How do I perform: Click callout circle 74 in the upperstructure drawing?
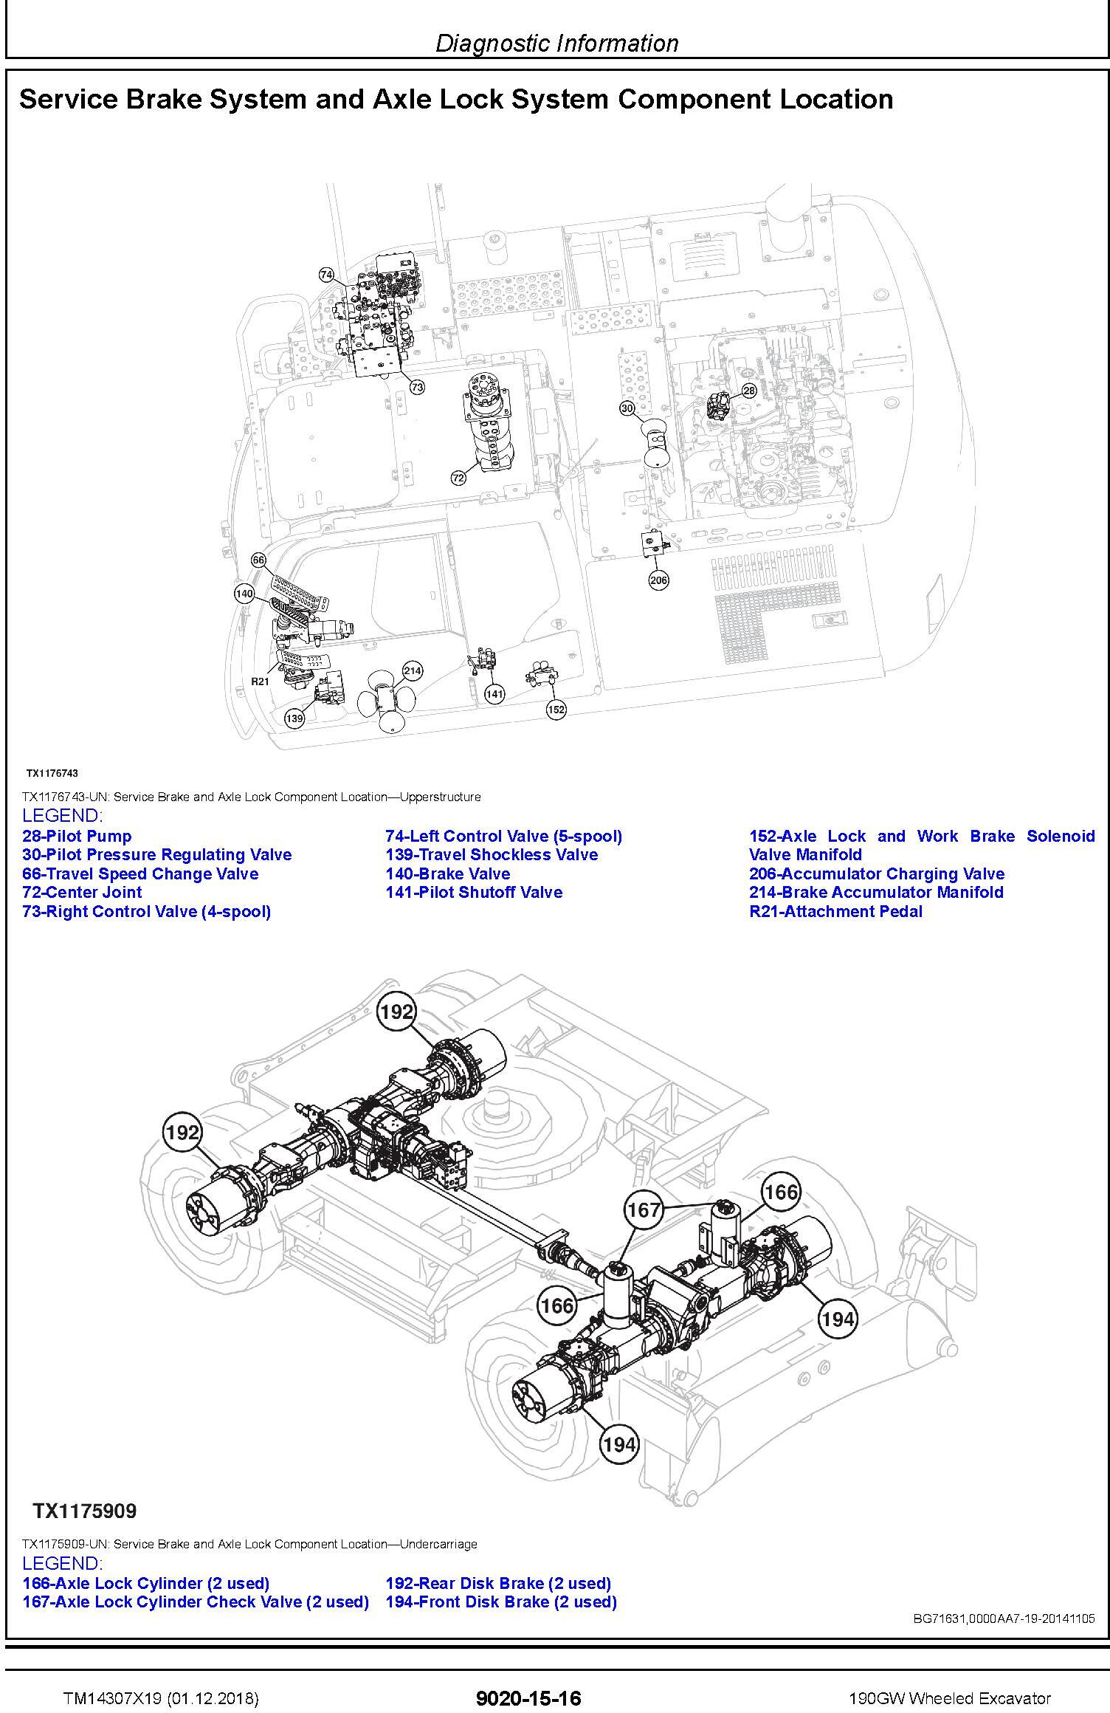326,275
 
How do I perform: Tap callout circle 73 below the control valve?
417,387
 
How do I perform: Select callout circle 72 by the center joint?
458,478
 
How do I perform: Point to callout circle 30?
627,408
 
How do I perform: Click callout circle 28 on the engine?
749,390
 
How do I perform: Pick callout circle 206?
658,580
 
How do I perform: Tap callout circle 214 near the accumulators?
413,670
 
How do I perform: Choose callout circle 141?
494,693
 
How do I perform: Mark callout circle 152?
556,710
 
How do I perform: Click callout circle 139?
294,718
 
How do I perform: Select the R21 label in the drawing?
260,681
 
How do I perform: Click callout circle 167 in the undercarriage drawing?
643,1210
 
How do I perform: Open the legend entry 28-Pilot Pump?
77,836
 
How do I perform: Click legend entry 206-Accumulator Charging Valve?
877,873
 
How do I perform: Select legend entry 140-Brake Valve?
447,873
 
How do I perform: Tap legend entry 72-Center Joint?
82,892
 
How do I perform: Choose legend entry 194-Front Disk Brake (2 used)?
501,1602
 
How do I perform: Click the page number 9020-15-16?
529,1698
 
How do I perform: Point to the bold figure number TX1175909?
84,1511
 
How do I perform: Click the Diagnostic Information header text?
557,44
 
